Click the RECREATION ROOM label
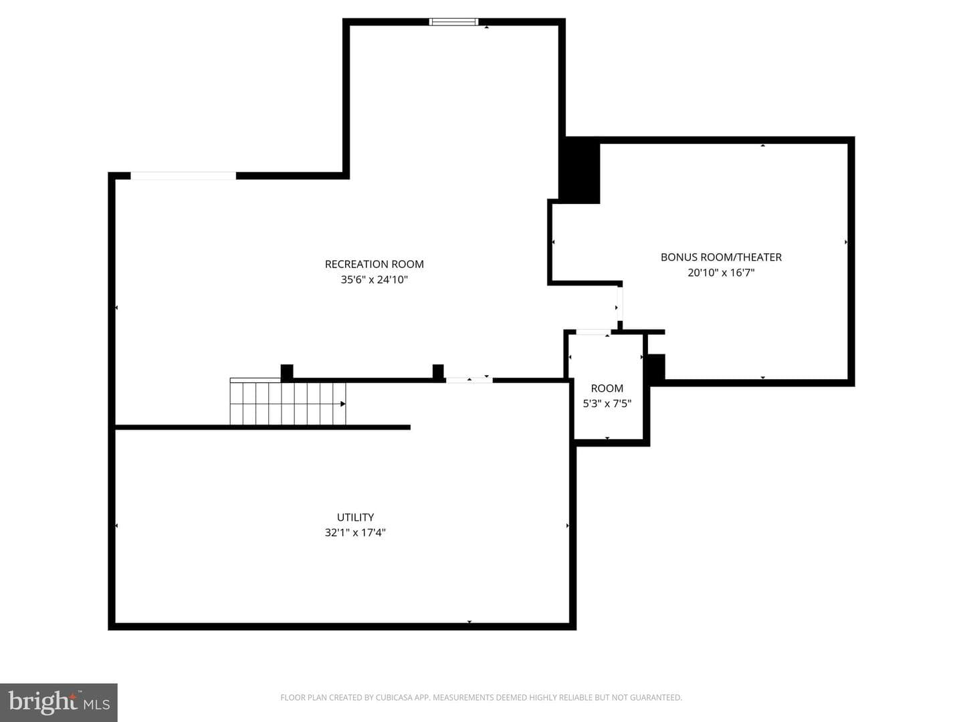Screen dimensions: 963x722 [374, 264]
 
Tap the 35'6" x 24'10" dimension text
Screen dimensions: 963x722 [374, 279]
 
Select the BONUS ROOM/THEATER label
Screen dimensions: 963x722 [721, 257]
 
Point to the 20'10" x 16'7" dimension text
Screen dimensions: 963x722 [721, 273]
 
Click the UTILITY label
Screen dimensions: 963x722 [355, 517]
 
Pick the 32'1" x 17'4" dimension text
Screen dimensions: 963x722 [355, 533]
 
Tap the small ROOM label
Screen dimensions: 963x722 [607, 388]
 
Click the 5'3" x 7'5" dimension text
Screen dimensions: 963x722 [607, 403]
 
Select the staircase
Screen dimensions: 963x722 [288, 402]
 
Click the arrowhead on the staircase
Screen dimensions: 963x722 [343, 404]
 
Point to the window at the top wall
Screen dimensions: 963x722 [453, 22]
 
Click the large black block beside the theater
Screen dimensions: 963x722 [580, 170]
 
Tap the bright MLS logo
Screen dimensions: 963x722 [59, 703]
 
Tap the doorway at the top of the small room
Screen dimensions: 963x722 [593, 332]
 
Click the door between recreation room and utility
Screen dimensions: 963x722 [469, 380]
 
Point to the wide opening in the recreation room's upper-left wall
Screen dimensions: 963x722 [183, 176]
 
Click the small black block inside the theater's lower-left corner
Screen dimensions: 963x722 [656, 366]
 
